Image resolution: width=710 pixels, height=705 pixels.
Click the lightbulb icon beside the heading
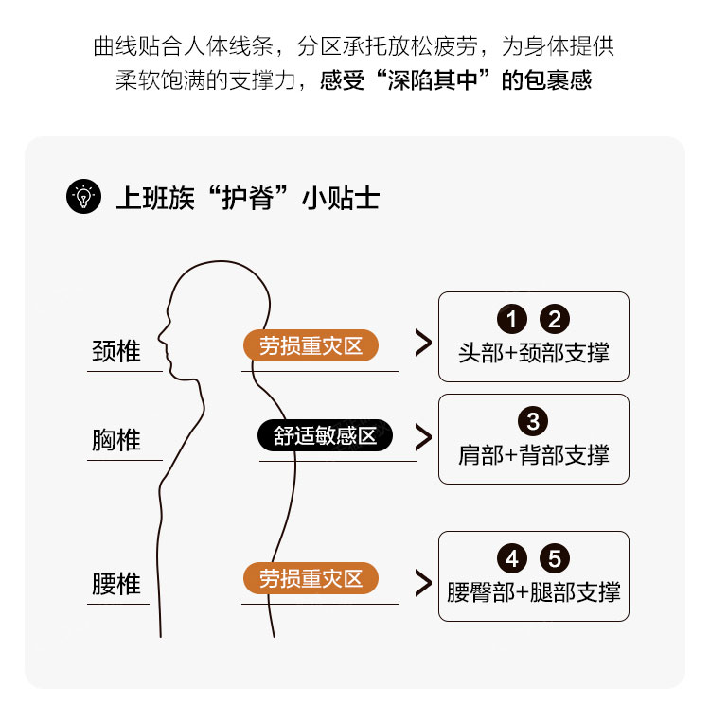pos(83,197)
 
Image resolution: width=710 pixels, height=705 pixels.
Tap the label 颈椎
pos(116,351)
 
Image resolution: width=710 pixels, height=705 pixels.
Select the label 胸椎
pos(116,440)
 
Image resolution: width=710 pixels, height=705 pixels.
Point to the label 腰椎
pos(116,583)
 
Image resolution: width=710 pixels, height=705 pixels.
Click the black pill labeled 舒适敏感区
pos(325,435)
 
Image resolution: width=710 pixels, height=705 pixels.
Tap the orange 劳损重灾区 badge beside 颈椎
pos(311,345)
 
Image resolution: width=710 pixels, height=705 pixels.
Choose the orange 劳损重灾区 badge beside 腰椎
pos(311,578)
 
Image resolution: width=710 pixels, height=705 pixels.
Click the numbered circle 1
pos(511,319)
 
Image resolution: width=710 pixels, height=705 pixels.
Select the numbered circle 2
pos(555,319)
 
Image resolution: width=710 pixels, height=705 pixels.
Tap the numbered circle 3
pos(533,421)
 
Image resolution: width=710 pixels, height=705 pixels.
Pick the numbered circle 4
pos(511,558)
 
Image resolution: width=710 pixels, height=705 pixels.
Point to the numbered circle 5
pos(555,558)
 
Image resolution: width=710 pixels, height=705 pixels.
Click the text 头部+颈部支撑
pos(533,353)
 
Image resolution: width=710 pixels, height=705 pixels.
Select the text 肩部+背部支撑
pos(533,455)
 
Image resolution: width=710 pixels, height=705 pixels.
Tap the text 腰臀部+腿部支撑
pos(533,591)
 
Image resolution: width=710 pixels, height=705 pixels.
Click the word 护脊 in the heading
pos(247,198)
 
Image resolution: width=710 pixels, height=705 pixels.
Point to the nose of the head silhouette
pos(159,338)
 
